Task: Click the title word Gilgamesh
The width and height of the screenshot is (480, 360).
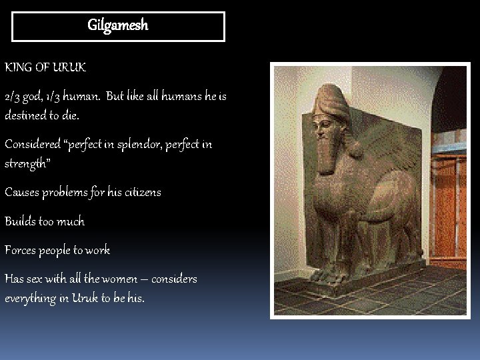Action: point(118,26)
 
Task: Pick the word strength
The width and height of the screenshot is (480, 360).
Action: point(26,163)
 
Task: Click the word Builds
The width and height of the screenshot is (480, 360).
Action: point(19,221)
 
